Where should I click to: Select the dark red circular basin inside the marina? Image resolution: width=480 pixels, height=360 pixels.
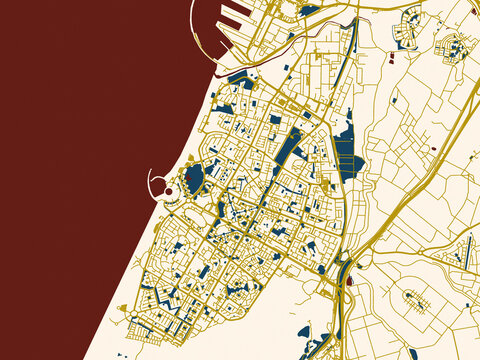[x=169, y=191]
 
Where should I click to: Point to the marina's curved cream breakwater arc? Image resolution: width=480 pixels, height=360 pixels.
[x=152, y=181]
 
